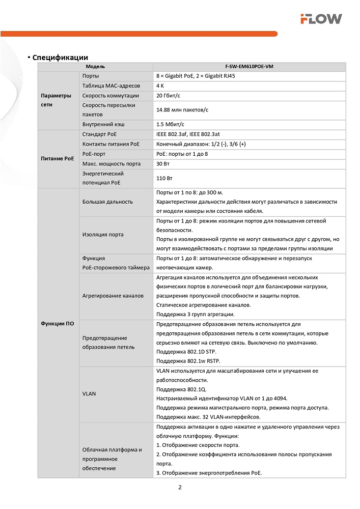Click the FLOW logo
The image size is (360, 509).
point(320,19)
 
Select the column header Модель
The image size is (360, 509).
point(95,67)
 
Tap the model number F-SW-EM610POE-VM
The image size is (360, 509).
point(249,67)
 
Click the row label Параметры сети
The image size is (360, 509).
point(57,100)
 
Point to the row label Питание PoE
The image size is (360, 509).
point(58,159)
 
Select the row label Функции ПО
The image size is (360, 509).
point(57,324)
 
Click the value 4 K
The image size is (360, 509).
point(160,86)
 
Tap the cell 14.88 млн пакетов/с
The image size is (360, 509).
point(183,110)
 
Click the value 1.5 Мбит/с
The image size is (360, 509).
point(170,124)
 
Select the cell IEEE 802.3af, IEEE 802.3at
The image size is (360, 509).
point(188,134)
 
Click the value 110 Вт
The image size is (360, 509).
point(164,179)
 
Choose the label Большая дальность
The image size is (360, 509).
point(107,202)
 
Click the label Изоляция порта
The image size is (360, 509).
point(103,235)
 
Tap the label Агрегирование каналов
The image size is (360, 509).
point(113,295)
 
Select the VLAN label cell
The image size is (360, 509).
point(89,393)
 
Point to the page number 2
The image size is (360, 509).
point(180,487)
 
